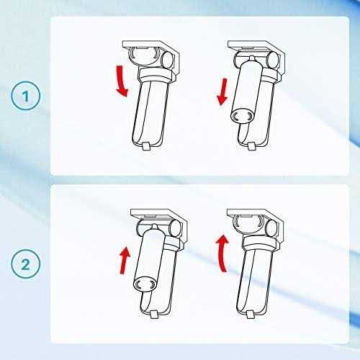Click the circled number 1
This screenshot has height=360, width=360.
(x=26, y=96)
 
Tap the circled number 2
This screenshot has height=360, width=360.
(x=26, y=264)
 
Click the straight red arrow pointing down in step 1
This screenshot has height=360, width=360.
(x=222, y=91)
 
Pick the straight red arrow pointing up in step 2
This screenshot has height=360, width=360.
(x=125, y=261)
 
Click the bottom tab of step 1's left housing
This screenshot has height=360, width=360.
(x=146, y=146)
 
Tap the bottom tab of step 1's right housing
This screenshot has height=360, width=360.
(x=251, y=146)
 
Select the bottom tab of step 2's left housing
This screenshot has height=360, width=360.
(x=153, y=314)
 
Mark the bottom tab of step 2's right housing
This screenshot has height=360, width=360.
(x=251, y=314)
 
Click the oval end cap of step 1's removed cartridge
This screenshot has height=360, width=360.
(x=242, y=117)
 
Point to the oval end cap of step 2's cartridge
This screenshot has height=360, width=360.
(x=145, y=284)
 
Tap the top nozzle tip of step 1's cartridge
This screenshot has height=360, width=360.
(x=251, y=58)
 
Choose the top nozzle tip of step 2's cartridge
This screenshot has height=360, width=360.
(x=155, y=227)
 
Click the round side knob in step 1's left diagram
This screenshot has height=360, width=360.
(x=168, y=60)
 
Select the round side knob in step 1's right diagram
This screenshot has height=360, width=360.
(x=273, y=60)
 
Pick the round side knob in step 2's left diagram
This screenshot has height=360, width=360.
(x=176, y=228)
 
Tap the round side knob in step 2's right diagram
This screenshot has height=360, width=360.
(x=271, y=228)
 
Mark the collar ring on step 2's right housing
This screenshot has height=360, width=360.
(x=260, y=243)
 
